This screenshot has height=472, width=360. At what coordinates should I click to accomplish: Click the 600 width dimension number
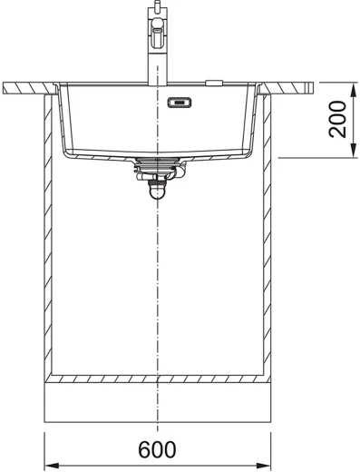click(x=157, y=449)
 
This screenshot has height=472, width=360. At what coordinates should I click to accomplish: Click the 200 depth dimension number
click(x=337, y=120)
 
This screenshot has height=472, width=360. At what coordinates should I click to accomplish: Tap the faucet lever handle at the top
click(x=158, y=33)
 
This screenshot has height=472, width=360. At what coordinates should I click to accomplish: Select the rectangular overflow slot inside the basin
click(x=180, y=103)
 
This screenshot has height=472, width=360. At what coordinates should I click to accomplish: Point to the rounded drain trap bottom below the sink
click(x=157, y=192)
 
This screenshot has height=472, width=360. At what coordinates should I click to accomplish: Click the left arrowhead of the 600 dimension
click(x=51, y=466)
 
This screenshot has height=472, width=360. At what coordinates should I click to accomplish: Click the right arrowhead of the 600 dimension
click(x=264, y=466)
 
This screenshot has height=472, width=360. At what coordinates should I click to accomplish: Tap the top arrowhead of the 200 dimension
click(x=353, y=89)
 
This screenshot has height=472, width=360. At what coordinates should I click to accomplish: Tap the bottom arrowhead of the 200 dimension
click(x=353, y=151)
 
